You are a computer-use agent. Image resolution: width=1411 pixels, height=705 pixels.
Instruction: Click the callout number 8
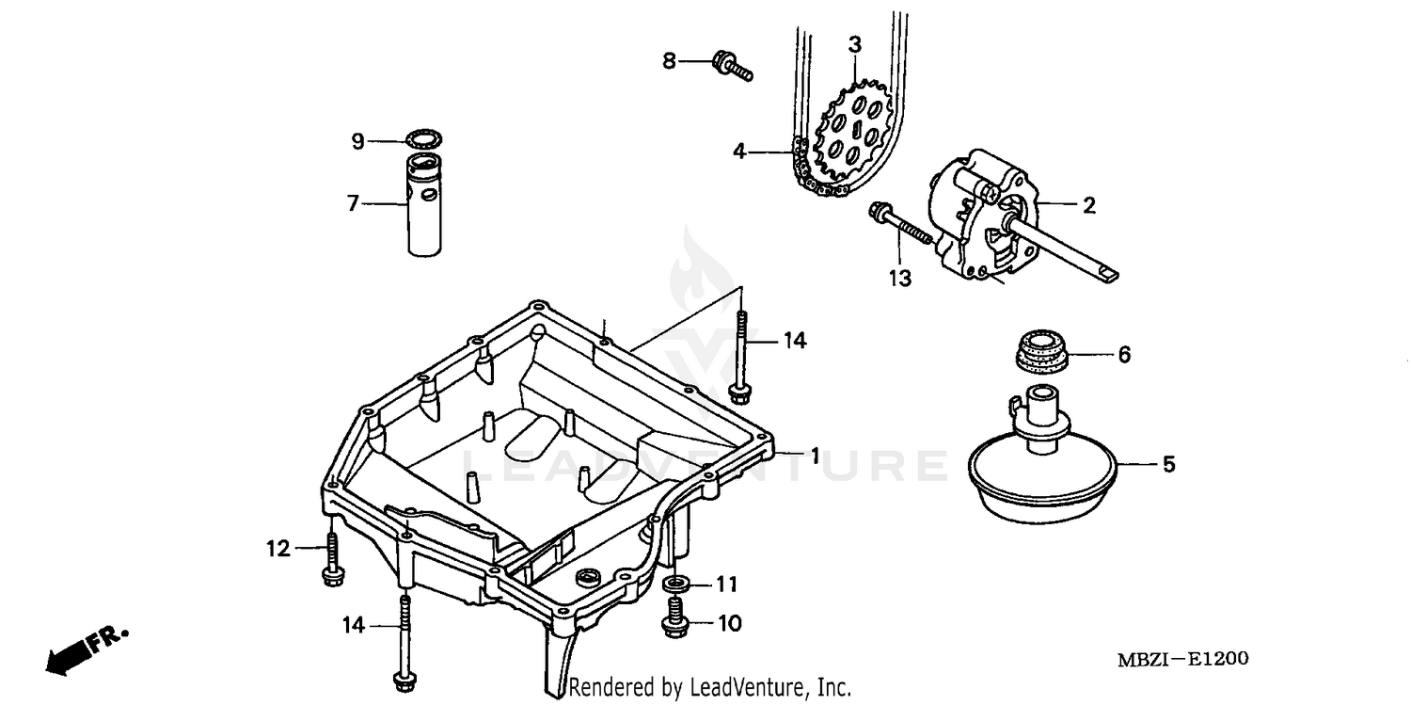pyautogui.click(x=669, y=61)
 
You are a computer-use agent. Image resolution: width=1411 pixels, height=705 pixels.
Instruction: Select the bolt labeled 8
pyautogui.click(x=733, y=66)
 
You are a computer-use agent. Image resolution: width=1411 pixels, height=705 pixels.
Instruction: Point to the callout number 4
pyautogui.click(x=740, y=151)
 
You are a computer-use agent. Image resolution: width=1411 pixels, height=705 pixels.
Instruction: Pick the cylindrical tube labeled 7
pyautogui.click(x=426, y=207)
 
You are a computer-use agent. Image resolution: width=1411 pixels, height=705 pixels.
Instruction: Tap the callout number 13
pyautogui.click(x=900, y=279)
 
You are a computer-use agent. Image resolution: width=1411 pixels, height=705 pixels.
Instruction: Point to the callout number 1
pyautogui.click(x=815, y=455)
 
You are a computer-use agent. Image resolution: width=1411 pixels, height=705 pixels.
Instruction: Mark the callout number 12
pyautogui.click(x=278, y=548)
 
